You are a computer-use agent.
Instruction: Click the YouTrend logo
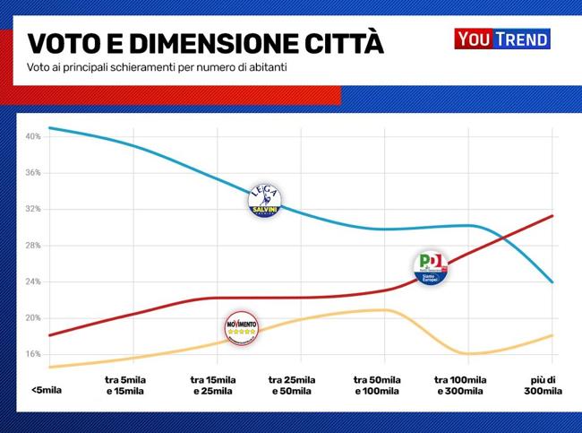(x=501, y=39)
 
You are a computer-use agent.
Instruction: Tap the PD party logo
(x=431, y=267)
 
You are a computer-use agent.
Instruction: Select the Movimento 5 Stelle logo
(x=240, y=329)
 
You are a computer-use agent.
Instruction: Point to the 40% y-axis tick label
(x=33, y=137)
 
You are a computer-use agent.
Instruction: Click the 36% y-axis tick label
(x=33, y=173)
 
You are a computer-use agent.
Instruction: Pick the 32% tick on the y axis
(x=33, y=209)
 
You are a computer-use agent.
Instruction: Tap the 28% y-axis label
(x=33, y=246)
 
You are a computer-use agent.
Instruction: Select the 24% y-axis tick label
(x=33, y=281)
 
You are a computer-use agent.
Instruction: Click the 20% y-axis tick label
(x=33, y=318)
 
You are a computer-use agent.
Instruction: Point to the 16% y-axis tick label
(x=33, y=354)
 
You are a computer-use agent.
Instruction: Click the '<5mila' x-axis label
(x=46, y=390)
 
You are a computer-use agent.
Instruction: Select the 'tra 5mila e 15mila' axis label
(x=124, y=385)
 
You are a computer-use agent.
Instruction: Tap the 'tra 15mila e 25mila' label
(x=213, y=385)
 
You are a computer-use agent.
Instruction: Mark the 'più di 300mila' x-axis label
(x=543, y=385)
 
